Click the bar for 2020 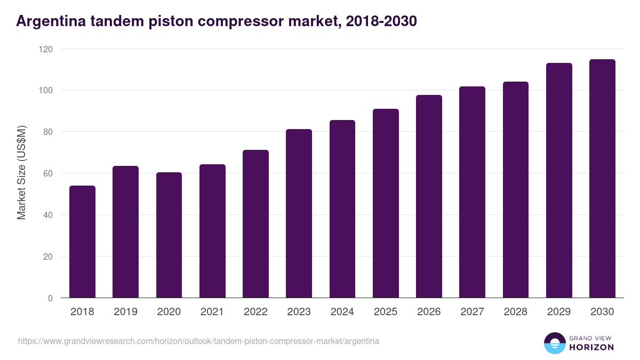[x=169, y=235]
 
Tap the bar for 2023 [x=299, y=213]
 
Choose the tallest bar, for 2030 [x=602, y=179]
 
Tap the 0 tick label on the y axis [x=50, y=298]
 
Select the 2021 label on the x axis [x=212, y=312]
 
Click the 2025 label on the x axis [x=386, y=312]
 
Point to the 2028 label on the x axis [x=515, y=312]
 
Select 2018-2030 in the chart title [x=381, y=22]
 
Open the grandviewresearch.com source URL [x=198, y=341]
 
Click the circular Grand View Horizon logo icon [x=555, y=343]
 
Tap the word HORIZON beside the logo [x=591, y=347]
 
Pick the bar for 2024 [x=342, y=209]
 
